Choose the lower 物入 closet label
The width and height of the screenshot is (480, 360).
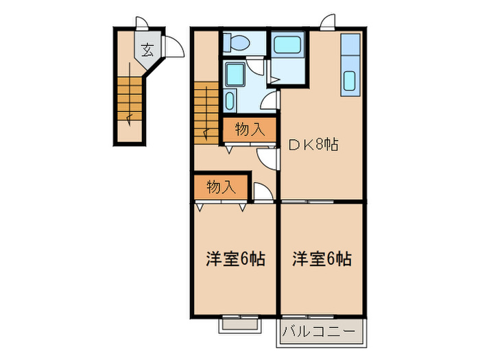[x=220, y=187]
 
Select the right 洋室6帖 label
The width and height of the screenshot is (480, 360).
[x=322, y=259]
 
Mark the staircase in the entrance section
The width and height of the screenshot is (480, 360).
[x=128, y=97]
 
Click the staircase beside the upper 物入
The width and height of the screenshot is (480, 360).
[x=206, y=110]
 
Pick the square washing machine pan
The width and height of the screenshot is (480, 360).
[x=236, y=75]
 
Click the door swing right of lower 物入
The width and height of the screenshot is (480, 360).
[x=263, y=191]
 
